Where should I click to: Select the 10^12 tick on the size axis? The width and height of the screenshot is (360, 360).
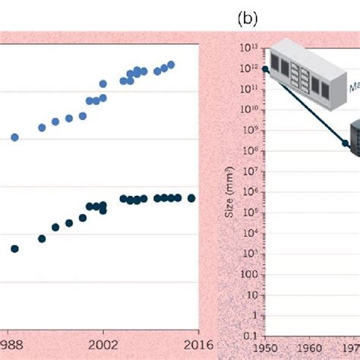pos(251,68)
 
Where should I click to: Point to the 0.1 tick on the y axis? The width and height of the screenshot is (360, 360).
pos(250,334)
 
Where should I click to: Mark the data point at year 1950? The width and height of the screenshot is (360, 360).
pos(265,69)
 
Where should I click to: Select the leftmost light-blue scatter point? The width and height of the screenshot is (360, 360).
pos(14,137)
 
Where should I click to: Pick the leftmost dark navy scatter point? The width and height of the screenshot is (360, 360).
pos(14,248)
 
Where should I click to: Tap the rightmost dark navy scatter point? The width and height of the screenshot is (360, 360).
pos(191,197)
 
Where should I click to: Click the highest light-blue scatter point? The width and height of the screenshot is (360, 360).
pos(171,65)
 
